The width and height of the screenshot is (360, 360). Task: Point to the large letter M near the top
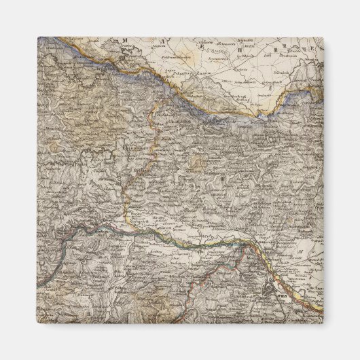125,41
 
